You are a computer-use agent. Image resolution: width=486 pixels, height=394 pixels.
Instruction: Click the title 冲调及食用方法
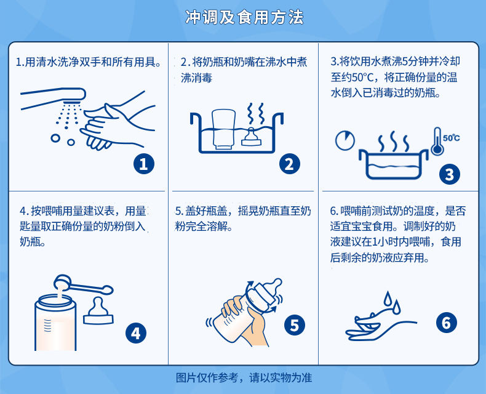[244, 17]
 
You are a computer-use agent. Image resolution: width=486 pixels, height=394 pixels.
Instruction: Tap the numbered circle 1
[144, 164]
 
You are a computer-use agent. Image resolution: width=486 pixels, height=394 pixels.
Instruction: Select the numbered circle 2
[290, 164]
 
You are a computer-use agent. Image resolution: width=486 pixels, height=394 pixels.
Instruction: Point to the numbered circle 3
[450, 174]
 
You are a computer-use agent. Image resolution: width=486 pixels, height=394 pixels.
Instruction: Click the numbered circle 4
[136, 333]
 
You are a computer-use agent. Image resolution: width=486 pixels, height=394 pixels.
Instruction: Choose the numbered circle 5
[295, 325]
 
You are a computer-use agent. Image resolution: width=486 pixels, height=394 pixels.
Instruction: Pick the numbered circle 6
[447, 323]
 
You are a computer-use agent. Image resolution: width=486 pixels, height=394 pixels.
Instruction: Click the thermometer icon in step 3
[437, 142]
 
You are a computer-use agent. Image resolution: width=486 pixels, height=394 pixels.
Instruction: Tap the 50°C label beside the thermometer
[452, 138]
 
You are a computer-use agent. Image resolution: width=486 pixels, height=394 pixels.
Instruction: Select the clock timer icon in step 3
[345, 140]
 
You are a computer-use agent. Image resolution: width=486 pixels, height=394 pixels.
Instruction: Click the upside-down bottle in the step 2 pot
[223, 129]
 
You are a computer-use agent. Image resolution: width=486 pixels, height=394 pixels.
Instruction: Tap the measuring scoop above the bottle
[83, 286]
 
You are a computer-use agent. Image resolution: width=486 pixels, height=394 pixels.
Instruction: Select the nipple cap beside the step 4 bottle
[98, 311]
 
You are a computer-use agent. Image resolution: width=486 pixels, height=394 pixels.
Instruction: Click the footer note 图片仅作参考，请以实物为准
[244, 377]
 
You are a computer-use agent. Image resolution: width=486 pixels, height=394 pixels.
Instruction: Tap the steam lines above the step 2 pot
[256, 113]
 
